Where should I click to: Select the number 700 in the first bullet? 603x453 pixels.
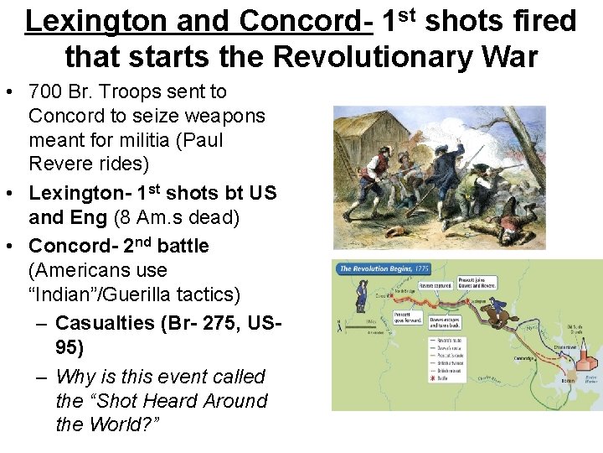(x=47, y=91)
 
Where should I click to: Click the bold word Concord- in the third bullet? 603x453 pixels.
(x=76, y=246)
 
